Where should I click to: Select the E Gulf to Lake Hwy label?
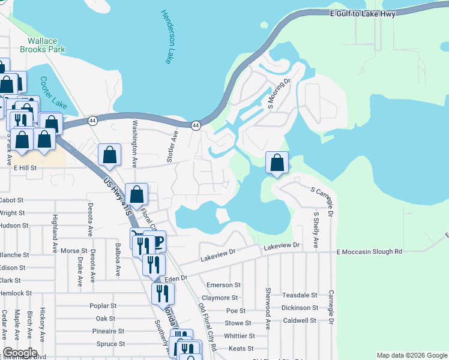click(362, 13)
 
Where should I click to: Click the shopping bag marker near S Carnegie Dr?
click(277, 163)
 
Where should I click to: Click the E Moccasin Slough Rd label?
click(369, 252)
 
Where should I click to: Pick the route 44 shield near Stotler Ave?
click(196, 125)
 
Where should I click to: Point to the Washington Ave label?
click(135, 146)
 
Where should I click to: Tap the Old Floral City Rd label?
click(207, 326)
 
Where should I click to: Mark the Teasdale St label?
click(300, 295)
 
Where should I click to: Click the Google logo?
click(20, 353)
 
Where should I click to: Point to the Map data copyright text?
click(412, 355)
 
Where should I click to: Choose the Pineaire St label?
click(108, 331)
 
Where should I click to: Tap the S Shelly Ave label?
click(316, 229)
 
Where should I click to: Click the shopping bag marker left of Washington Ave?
click(109, 155)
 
